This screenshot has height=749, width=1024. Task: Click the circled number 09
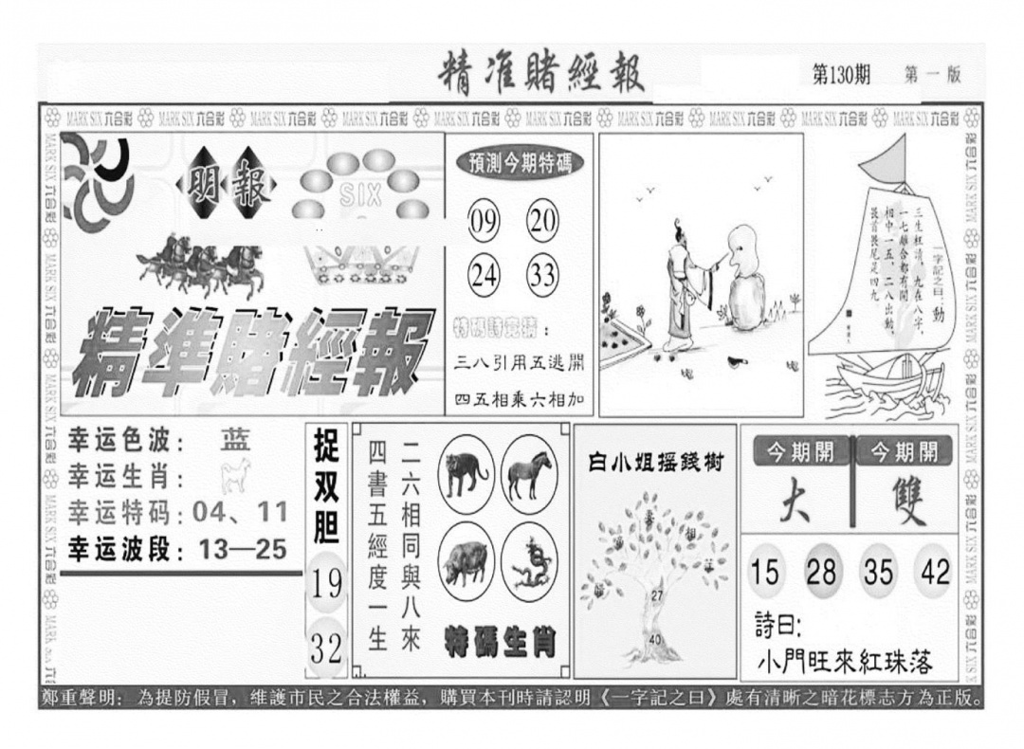(485, 224)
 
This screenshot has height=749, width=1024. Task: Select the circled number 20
(542, 224)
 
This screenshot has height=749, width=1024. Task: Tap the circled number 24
(485, 275)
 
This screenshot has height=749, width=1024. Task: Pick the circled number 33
(542, 275)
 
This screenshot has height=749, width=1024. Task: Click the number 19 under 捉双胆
(326, 583)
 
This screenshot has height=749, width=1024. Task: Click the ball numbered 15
(765, 572)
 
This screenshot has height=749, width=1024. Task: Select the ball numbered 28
(821, 572)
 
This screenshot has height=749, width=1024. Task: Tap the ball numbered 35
(878, 572)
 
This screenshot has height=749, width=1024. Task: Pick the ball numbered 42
(934, 572)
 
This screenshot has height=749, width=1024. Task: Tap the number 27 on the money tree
(656, 594)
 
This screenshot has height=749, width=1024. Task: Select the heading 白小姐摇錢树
(655, 464)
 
